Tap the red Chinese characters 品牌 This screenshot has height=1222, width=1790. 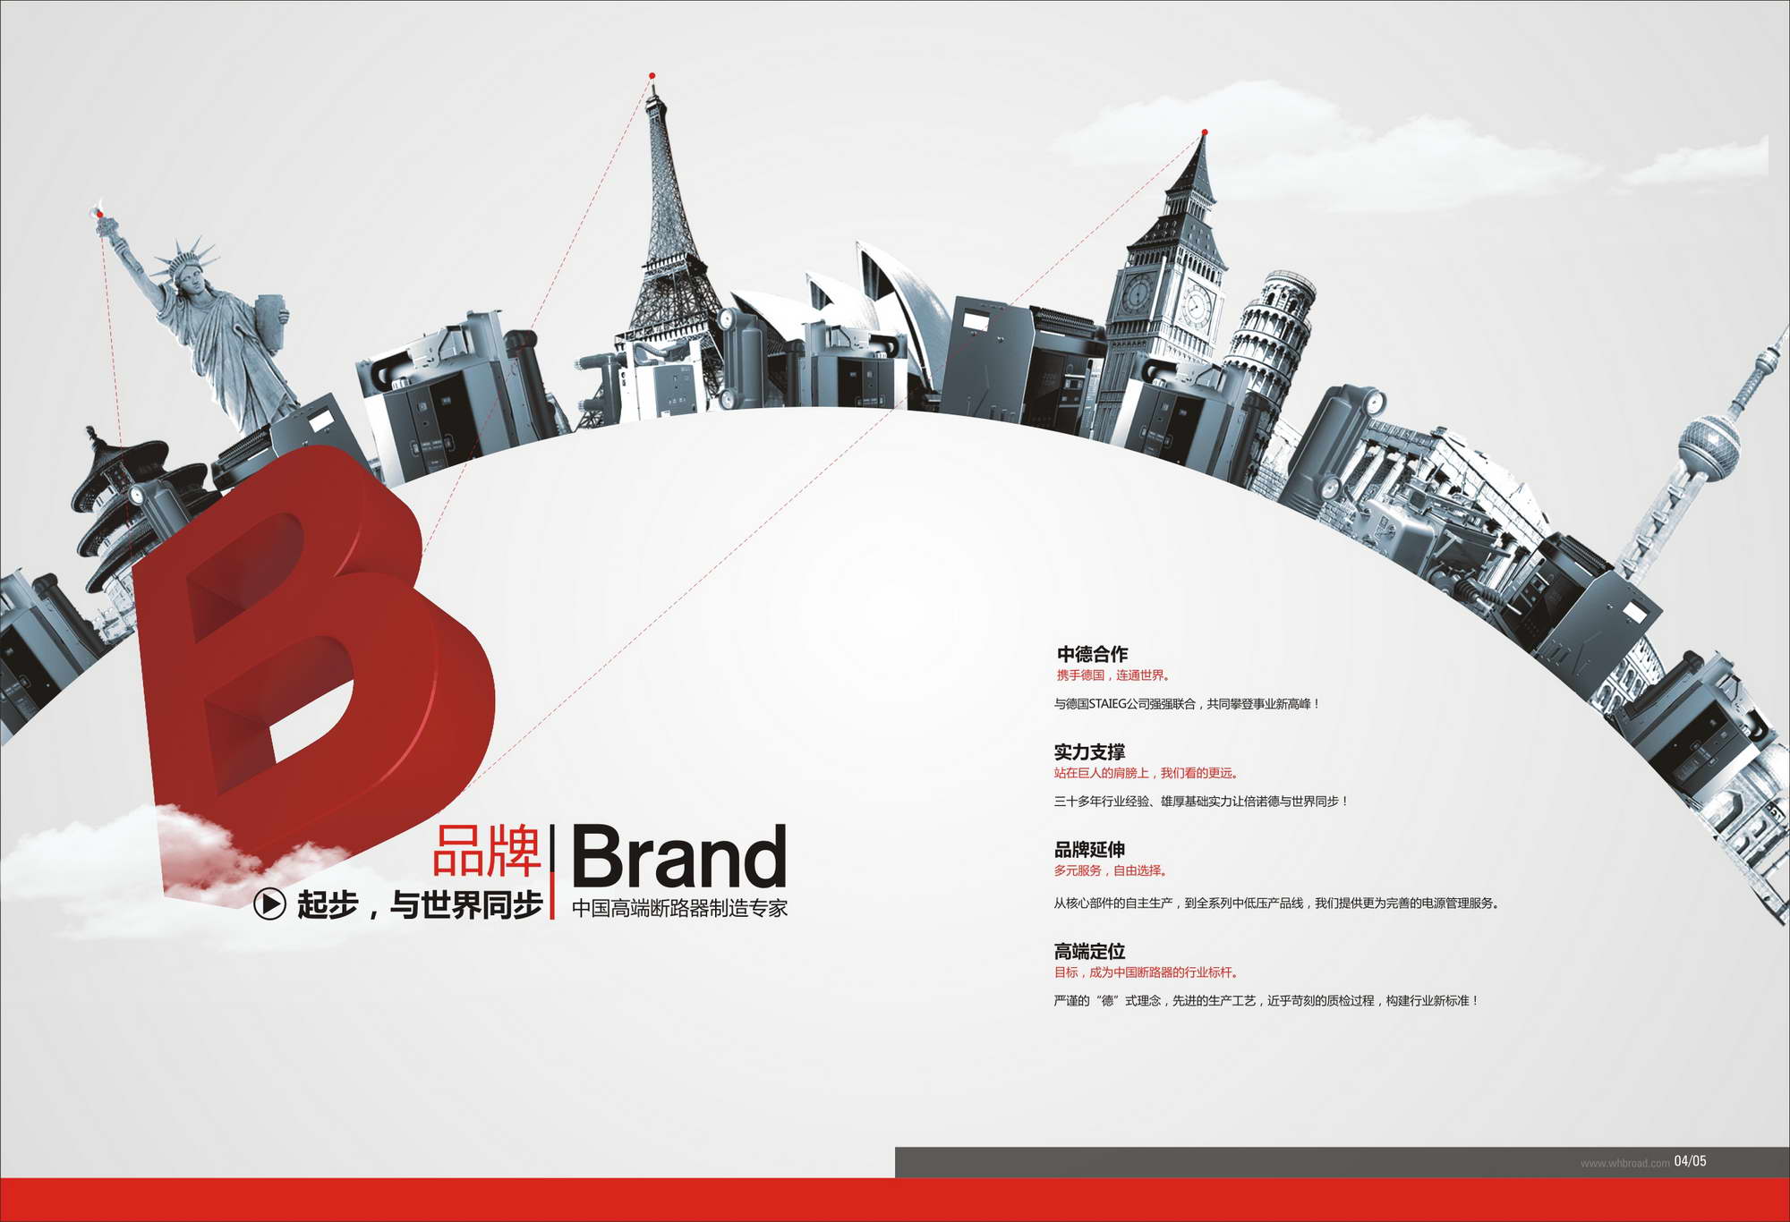click(x=488, y=851)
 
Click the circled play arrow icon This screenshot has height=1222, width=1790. click(x=269, y=904)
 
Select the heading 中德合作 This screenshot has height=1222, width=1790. click(x=1092, y=654)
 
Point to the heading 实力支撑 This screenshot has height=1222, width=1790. click(x=1089, y=752)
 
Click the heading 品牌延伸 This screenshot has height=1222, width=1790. click(x=1089, y=850)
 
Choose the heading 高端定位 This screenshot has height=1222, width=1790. click(x=1089, y=951)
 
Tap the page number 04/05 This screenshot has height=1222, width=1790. click(x=1690, y=1161)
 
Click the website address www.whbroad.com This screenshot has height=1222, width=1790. click(x=1624, y=1163)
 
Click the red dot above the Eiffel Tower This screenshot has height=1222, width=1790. click(x=652, y=76)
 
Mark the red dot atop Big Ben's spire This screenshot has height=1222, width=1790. click(x=1205, y=132)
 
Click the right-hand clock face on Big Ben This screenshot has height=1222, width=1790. click(x=1197, y=307)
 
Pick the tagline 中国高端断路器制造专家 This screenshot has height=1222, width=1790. click(x=680, y=908)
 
